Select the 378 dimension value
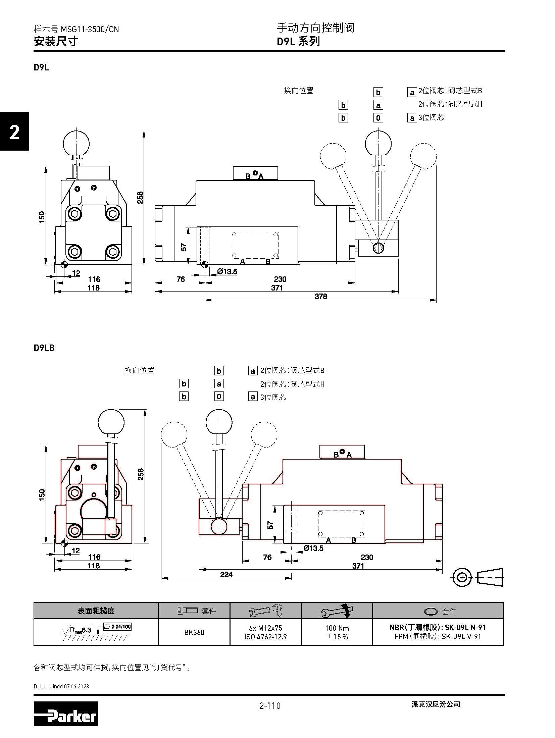[321, 296]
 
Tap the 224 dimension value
[226, 574]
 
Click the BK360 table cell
[194, 632]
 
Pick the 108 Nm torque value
[337, 628]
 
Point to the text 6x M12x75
[265, 628]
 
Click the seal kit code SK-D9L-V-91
[461, 636]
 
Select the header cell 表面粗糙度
[96, 611]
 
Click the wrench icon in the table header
[337, 611]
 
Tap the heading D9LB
[44, 348]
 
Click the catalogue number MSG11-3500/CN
[90, 30]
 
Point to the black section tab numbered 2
[14, 132]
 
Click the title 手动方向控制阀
[315, 28]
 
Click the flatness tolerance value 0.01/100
[121, 626]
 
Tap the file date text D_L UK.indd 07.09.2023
[61, 684]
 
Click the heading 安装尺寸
[56, 41]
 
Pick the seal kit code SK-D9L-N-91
[465, 627]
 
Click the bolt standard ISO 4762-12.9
[265, 637]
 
